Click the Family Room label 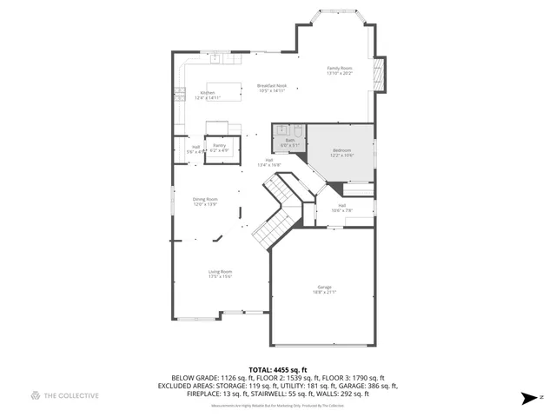point(339,70)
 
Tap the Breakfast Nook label point(271,88)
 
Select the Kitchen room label point(208,96)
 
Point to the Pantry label point(220,148)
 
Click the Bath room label point(288,142)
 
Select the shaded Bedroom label point(342,153)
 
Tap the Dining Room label point(205,202)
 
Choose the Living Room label point(220,274)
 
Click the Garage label point(324,289)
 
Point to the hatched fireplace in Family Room point(378,74)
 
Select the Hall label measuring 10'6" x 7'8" point(342,208)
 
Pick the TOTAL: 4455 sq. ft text point(277,369)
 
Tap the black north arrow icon point(526,399)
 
